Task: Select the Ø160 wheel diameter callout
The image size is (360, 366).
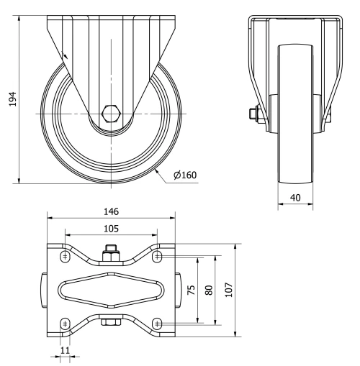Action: tap(185, 174)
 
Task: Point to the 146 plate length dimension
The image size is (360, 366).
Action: tap(110, 211)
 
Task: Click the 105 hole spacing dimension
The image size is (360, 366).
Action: tap(110, 228)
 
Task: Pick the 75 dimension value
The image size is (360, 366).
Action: tap(192, 290)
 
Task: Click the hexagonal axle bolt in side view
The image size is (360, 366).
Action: tap(112, 113)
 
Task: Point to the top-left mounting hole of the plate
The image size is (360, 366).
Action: tap(65, 257)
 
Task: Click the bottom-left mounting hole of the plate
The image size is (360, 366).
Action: tap(65, 323)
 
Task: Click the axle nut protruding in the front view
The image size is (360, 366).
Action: tap(254, 113)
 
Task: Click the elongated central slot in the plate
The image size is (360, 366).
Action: tap(110, 290)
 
